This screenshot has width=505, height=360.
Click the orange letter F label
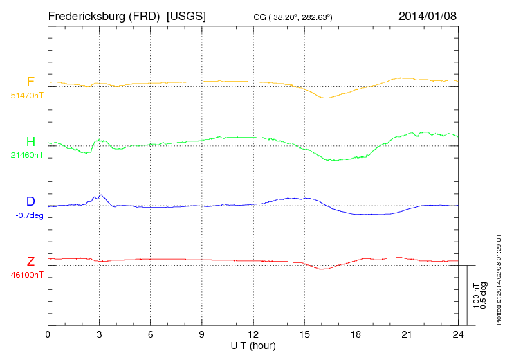[30, 82]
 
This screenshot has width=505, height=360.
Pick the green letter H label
[30, 142]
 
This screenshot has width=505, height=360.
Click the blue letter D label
[30, 201]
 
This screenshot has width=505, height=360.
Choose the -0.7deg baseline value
[29, 215]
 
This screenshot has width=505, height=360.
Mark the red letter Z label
[30, 261]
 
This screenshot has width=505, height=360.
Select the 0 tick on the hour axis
[48, 334]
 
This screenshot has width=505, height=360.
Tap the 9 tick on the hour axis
[202, 334]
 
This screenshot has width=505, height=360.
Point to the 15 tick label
[304, 334]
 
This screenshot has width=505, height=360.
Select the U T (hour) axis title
[252, 345]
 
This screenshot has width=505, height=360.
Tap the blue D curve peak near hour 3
[101, 195]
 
